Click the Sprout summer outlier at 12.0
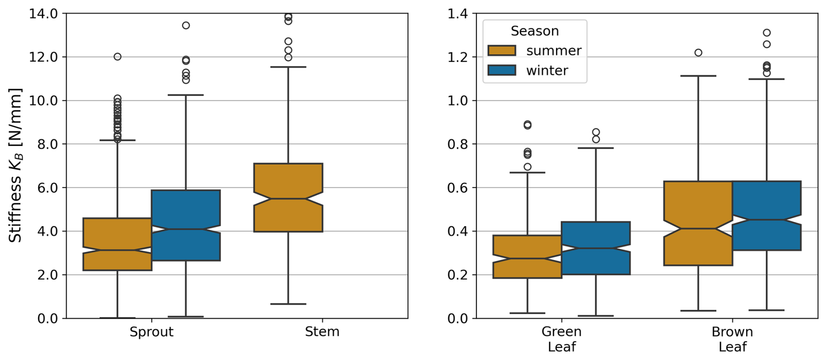118,57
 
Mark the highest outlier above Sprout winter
186,25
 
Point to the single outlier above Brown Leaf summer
698,53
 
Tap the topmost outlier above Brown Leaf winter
767,33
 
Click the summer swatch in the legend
502,51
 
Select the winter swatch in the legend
502,70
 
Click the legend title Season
535,31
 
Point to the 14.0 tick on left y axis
43,14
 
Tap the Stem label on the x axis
322,332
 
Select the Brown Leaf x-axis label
732,339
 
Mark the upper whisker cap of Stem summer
288,67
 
